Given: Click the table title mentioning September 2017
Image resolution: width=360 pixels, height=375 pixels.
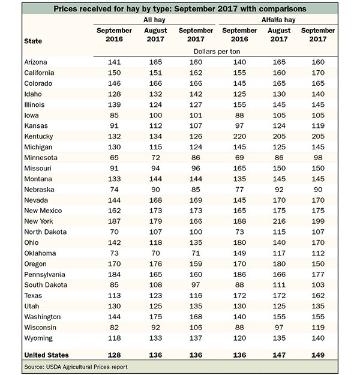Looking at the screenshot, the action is pyautogui.click(x=179, y=9).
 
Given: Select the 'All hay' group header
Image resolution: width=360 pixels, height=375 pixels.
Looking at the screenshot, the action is pyautogui.click(x=154, y=20).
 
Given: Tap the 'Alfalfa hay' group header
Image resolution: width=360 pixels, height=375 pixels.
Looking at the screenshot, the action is pyautogui.click(x=278, y=20).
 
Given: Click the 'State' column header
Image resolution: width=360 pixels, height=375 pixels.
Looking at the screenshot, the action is pyautogui.click(x=33, y=41).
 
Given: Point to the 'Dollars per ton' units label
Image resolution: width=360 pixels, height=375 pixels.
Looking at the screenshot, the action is pyautogui.click(x=217, y=52).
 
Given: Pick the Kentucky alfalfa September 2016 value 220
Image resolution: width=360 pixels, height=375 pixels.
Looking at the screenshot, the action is pyautogui.click(x=239, y=136).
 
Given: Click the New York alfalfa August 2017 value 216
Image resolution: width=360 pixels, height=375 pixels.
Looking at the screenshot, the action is pyautogui.click(x=279, y=221).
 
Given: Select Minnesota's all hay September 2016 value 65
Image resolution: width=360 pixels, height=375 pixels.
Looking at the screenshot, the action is pyautogui.click(x=114, y=158).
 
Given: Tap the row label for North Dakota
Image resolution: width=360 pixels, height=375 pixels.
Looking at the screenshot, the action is pyautogui.click(x=46, y=232).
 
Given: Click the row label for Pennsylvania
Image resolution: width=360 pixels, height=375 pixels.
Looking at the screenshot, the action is pyautogui.click(x=44, y=275).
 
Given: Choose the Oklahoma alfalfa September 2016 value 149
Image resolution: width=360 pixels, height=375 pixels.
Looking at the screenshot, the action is pyautogui.click(x=239, y=253).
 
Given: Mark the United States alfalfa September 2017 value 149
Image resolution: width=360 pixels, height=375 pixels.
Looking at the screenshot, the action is pyautogui.click(x=318, y=355).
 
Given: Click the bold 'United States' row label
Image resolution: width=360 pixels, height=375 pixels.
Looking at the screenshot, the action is pyautogui.click(x=46, y=355).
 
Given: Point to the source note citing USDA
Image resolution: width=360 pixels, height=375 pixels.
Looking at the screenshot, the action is pyautogui.click(x=76, y=367).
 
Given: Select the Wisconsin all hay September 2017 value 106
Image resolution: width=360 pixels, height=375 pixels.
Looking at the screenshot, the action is pyautogui.click(x=196, y=328).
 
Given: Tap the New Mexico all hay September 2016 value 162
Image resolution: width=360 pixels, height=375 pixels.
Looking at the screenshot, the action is pyautogui.click(x=114, y=211).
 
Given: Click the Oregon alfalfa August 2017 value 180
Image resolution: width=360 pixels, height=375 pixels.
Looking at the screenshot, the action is pyautogui.click(x=279, y=264).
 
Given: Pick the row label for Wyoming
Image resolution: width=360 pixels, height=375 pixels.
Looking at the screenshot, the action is pyautogui.click(x=38, y=338).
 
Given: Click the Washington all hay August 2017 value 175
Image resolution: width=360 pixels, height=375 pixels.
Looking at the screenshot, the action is pyautogui.click(x=155, y=317).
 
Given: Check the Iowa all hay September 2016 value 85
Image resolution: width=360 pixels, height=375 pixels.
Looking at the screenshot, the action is pyautogui.click(x=114, y=115).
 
